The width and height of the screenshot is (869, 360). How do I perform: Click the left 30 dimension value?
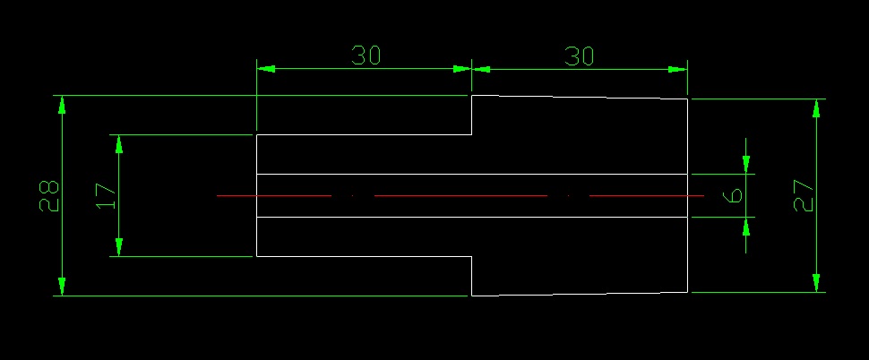point(366,56)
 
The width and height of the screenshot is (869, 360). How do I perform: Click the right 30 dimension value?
point(579,56)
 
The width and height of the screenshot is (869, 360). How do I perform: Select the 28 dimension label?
point(49,195)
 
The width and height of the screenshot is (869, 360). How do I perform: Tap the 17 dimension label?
point(106,196)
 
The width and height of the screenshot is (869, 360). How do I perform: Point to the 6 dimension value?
point(735,195)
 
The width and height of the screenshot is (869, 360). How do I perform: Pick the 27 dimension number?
point(804,195)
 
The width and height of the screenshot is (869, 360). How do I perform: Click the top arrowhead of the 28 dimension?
point(62,105)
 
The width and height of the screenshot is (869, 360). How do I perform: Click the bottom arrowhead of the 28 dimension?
point(62,287)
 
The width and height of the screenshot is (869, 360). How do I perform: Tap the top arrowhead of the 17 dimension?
point(118,144)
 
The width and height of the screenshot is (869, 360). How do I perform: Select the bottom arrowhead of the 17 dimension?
point(118,247)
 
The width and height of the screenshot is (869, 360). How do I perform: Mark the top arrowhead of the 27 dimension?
point(816,108)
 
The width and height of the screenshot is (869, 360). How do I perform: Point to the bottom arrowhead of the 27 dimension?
point(816,283)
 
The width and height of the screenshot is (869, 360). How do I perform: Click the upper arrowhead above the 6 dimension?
point(746,165)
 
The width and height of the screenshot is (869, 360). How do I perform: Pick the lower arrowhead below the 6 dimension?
point(746,227)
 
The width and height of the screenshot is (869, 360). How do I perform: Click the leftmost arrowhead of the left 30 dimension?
point(266,69)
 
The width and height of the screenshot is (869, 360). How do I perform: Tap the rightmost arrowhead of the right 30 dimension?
point(678,70)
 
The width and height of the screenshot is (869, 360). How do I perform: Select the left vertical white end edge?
point(256,195)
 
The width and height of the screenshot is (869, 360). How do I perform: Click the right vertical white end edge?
point(688,195)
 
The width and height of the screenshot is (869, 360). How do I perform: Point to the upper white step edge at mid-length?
point(471,115)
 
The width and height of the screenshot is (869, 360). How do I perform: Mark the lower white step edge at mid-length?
point(471,276)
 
